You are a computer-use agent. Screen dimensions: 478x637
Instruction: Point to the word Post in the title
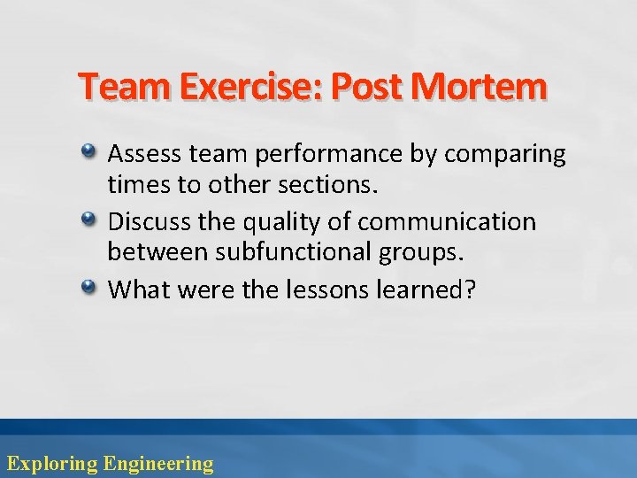370,88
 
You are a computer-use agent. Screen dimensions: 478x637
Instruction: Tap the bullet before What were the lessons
90,288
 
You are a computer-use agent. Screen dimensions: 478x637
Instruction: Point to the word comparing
504,155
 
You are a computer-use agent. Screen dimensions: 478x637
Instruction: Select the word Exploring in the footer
51,463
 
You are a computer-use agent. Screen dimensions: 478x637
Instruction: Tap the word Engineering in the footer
158,463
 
